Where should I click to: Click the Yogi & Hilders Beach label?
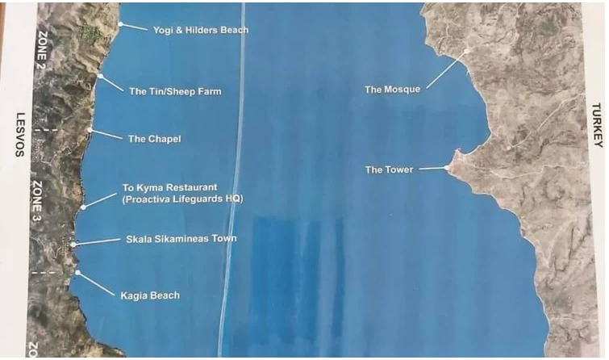click(x=201, y=30)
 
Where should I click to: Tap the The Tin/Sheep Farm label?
click(x=175, y=91)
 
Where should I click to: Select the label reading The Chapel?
click(x=155, y=139)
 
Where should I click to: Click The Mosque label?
click(x=392, y=90)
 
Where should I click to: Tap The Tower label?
click(x=389, y=170)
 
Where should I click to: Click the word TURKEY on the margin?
click(x=598, y=124)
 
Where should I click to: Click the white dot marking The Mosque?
click(x=466, y=52)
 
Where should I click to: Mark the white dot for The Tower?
click(x=448, y=168)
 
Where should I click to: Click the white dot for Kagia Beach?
click(x=77, y=273)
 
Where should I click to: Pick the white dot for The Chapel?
click(x=89, y=130)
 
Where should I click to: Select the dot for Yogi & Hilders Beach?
click(x=120, y=24)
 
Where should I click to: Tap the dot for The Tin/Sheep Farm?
click(x=100, y=76)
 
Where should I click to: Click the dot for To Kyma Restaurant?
click(x=83, y=207)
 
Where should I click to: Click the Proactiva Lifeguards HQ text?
click(x=182, y=199)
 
